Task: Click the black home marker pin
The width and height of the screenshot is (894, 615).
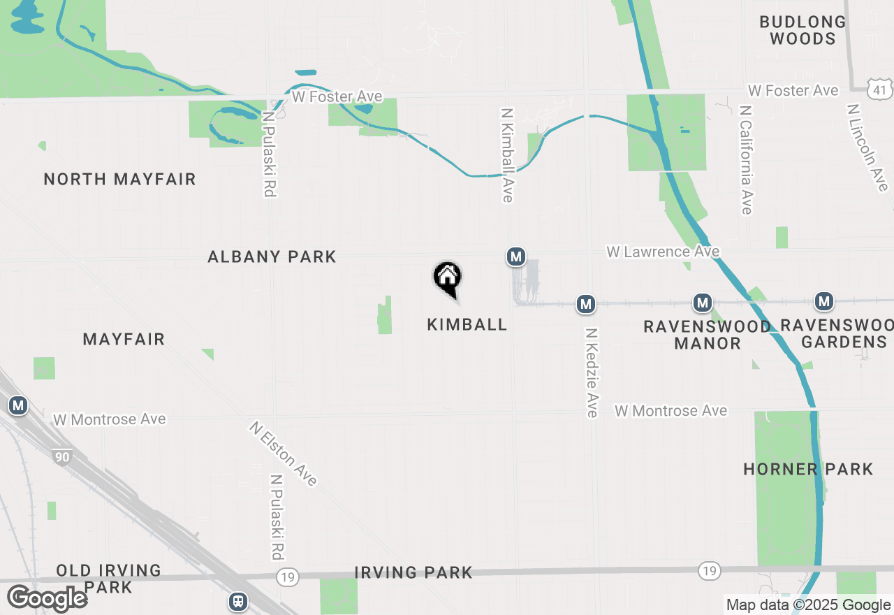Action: click(x=447, y=278)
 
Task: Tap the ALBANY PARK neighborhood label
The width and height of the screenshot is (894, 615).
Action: click(x=272, y=257)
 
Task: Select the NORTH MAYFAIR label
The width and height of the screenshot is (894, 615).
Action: click(x=119, y=180)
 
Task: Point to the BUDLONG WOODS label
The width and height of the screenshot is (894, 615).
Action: click(x=803, y=30)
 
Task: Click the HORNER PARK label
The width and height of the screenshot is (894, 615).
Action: click(x=808, y=469)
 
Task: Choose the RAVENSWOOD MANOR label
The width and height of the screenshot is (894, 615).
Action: click(x=707, y=335)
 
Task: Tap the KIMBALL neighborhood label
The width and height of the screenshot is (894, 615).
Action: click(x=467, y=324)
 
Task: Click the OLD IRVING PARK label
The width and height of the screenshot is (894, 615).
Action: click(x=108, y=579)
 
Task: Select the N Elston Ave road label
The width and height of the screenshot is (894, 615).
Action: click(x=283, y=454)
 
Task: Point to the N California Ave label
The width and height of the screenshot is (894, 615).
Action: click(x=746, y=161)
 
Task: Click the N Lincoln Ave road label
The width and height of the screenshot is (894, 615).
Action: click(x=866, y=147)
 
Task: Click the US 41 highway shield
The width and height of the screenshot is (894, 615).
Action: click(x=881, y=89)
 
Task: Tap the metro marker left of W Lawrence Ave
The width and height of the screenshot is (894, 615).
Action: click(x=516, y=257)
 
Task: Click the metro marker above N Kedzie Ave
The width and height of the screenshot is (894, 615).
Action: click(x=585, y=304)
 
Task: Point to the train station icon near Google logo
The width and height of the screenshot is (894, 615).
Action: click(x=238, y=601)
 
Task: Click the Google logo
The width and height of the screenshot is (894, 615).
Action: click(x=47, y=599)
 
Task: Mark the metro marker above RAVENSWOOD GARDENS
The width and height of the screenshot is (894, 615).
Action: click(x=825, y=302)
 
